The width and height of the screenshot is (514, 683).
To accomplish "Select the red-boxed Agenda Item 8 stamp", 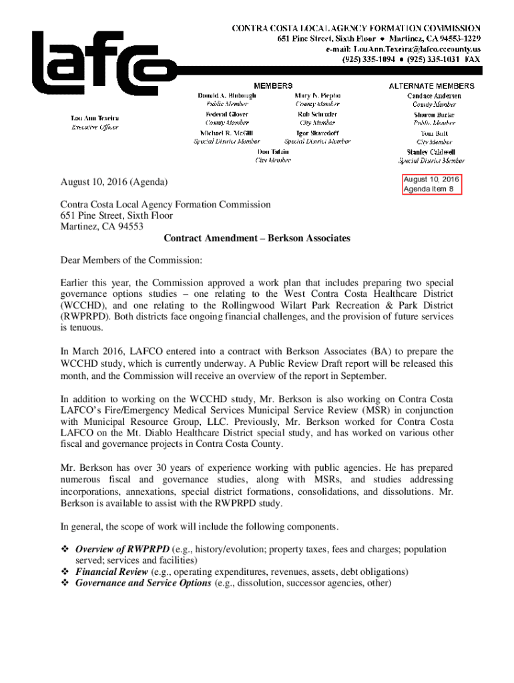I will [x=431, y=184].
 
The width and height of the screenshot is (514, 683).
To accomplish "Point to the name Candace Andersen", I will [x=434, y=96].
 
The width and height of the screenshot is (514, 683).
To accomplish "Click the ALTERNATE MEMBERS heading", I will [x=431, y=86].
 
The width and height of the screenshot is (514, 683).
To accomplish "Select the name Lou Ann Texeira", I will [x=95, y=119].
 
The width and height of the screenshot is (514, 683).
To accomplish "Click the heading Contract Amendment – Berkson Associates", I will [x=257, y=238].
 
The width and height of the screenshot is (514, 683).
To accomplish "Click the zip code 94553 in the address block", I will [x=130, y=227].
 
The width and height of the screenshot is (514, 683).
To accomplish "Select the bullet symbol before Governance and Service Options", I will [x=65, y=582].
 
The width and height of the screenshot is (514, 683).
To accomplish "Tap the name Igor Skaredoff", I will [x=317, y=133].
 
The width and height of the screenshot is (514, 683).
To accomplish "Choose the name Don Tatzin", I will [x=274, y=152].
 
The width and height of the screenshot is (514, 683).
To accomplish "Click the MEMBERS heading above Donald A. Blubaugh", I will [x=272, y=86].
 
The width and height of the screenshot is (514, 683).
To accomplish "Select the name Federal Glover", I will [x=227, y=115].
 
